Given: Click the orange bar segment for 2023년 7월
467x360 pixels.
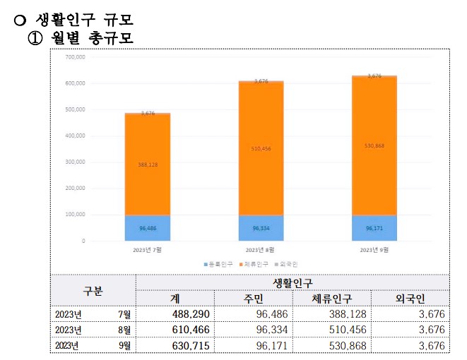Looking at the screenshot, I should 148,164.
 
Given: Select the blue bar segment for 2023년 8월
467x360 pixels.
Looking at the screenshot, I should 261,228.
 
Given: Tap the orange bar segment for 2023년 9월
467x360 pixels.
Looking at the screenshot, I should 374,145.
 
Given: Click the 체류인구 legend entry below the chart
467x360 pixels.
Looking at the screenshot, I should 255,264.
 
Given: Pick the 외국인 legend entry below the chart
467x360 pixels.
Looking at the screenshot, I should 286,264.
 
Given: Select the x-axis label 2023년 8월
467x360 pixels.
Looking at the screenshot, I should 261,250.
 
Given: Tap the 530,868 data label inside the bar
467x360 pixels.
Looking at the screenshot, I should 374,145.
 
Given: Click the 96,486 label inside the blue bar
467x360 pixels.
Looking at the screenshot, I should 148,228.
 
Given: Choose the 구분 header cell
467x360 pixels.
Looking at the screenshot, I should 93,291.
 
